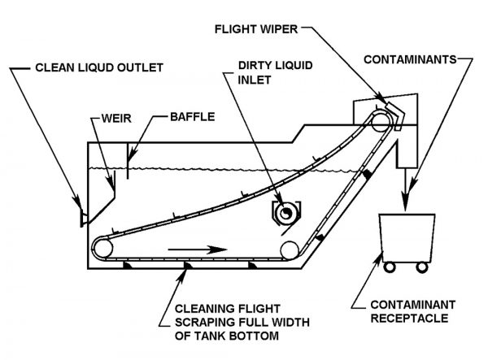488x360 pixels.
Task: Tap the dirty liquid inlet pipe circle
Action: coord(285,214)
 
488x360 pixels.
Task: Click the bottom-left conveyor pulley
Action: coord(103,249)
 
